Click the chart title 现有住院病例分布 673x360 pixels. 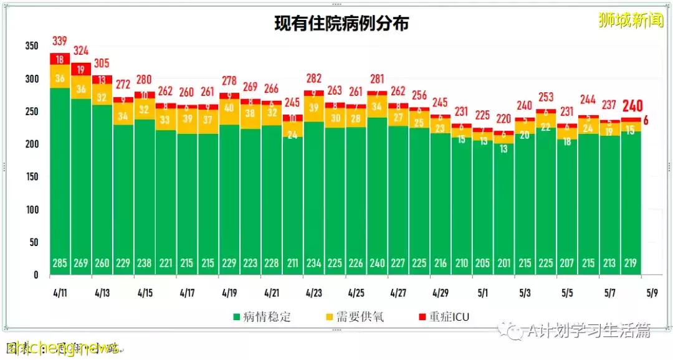(x=341, y=24)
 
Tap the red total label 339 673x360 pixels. (x=60, y=41)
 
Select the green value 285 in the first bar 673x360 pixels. (x=60, y=263)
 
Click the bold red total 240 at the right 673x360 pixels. (x=632, y=106)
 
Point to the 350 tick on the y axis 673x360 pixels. (x=32, y=46)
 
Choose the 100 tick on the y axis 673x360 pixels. (x=32, y=209)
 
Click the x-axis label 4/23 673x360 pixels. (x=313, y=292)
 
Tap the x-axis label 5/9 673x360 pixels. (x=652, y=292)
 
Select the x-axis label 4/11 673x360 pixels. (x=60, y=292)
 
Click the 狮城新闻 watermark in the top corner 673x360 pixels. (x=630, y=21)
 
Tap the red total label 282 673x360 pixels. (x=313, y=78)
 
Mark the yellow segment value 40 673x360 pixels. (x=229, y=108)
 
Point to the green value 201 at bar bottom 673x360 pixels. (x=504, y=263)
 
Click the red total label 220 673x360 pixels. (x=504, y=118)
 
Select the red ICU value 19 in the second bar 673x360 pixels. (x=81, y=69)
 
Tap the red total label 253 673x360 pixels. (x=547, y=97)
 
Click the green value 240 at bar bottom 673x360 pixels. (x=377, y=263)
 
